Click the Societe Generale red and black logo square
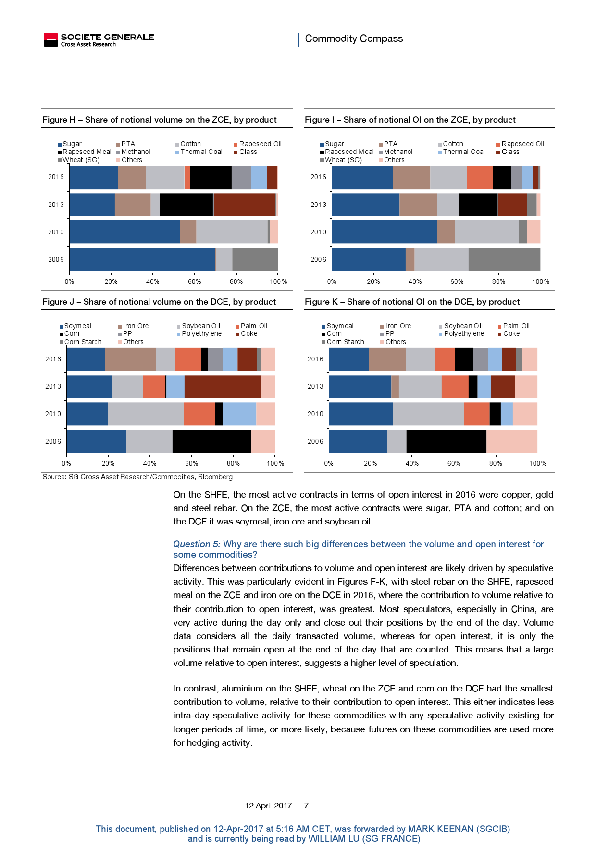point(50,40)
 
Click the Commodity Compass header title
point(354,38)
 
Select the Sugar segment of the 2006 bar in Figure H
point(142,259)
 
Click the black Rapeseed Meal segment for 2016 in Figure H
point(211,177)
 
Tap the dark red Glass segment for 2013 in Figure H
point(244,205)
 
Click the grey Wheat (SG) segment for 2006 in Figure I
point(504,259)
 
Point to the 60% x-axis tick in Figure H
point(194,281)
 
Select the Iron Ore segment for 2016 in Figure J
point(130,359)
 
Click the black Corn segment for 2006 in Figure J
point(211,441)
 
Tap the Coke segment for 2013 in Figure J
point(223,386)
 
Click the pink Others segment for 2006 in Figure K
point(511,441)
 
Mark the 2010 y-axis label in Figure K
point(315,414)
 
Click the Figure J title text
point(159,302)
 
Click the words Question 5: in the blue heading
point(197,544)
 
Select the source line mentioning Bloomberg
point(137,477)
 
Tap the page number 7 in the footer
point(306,806)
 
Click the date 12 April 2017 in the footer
point(268,806)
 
